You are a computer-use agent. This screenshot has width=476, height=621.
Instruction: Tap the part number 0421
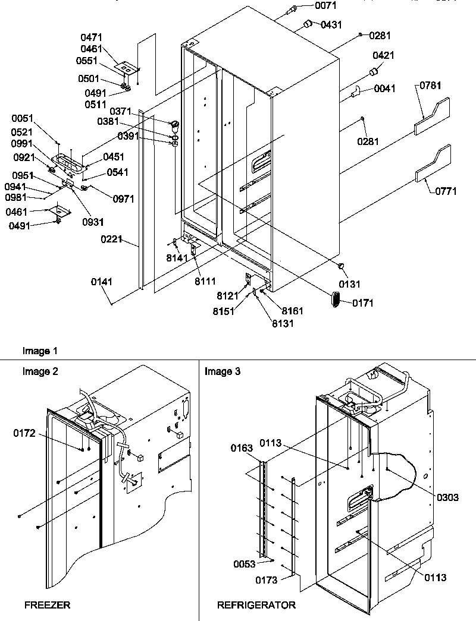coord(384,55)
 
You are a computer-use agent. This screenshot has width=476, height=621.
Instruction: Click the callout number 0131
coord(350,284)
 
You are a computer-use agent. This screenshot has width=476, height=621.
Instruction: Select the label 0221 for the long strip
coord(112,240)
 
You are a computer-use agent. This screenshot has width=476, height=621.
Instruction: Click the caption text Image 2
coord(40,371)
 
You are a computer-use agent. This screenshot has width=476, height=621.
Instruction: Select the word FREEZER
coord(47,606)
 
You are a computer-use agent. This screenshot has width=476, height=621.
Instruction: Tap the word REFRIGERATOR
coord(256,606)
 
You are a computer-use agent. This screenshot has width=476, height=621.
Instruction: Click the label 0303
coord(447,497)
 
